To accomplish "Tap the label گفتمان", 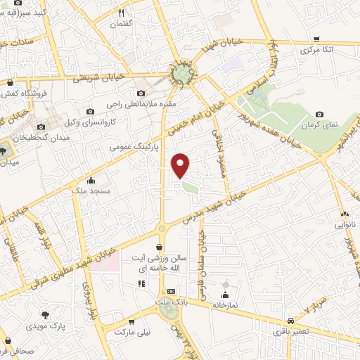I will [121, 25].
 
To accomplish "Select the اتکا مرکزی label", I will [316, 50].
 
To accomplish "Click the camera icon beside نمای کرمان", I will [321, 115].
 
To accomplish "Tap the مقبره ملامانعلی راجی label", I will [150, 105].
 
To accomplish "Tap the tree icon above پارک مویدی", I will [46, 315].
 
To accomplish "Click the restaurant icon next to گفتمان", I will [121, 13].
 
